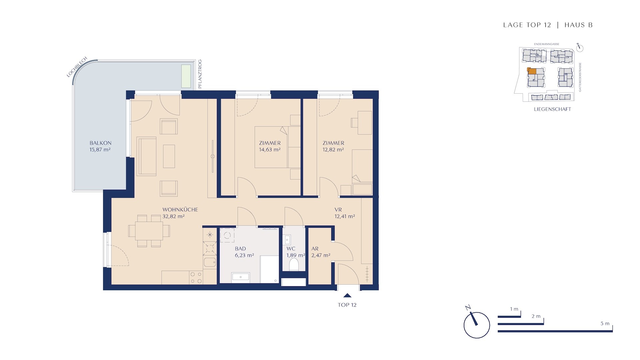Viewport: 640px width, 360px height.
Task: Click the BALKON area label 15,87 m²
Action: (100, 150)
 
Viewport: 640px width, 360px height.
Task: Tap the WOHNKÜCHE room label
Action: (180, 210)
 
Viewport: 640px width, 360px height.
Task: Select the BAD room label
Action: (240, 249)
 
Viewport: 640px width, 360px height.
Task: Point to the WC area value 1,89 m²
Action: (296, 255)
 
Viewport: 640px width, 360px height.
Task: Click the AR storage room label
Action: (315, 249)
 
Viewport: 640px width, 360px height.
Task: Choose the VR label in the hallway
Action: (338, 210)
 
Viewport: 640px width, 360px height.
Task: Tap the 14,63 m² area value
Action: (270, 150)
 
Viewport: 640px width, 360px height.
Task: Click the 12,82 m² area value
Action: (333, 150)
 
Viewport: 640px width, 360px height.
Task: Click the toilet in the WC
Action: (294, 265)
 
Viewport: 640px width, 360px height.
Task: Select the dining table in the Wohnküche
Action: (149, 231)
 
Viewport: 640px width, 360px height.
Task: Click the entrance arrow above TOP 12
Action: (347, 295)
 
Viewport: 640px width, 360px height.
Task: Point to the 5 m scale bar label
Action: (605, 323)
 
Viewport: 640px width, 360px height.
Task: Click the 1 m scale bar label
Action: (514, 309)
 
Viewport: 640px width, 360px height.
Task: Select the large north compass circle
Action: (477, 325)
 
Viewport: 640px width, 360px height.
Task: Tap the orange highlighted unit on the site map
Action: (532, 71)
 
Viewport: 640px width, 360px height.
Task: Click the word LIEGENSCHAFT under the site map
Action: (552, 109)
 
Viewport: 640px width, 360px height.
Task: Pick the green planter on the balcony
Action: (186, 76)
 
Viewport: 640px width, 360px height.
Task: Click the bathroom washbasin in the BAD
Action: (241, 277)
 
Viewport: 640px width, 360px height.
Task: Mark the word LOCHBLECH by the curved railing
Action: (77, 67)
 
